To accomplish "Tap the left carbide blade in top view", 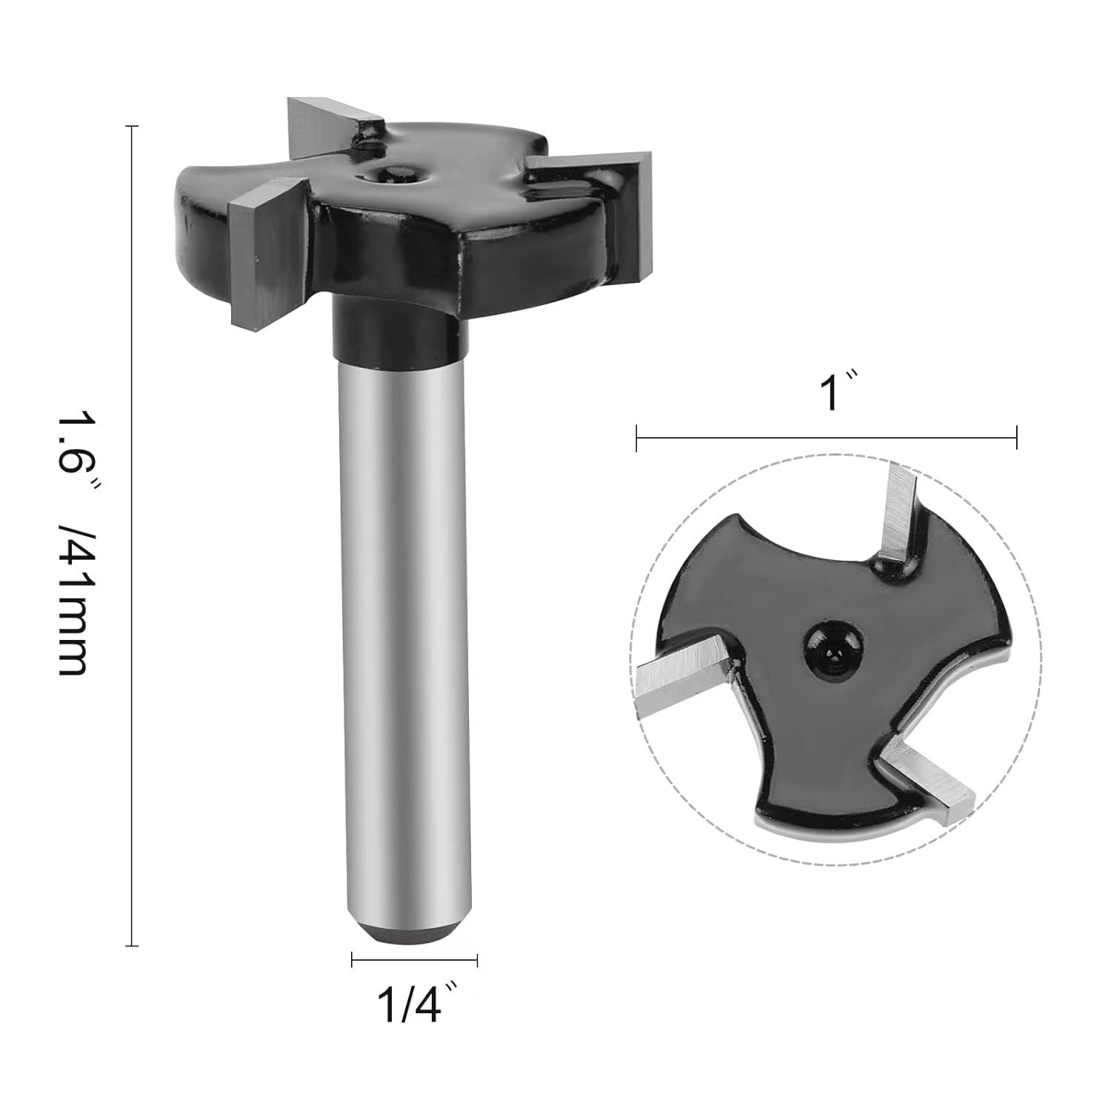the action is (681, 670).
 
